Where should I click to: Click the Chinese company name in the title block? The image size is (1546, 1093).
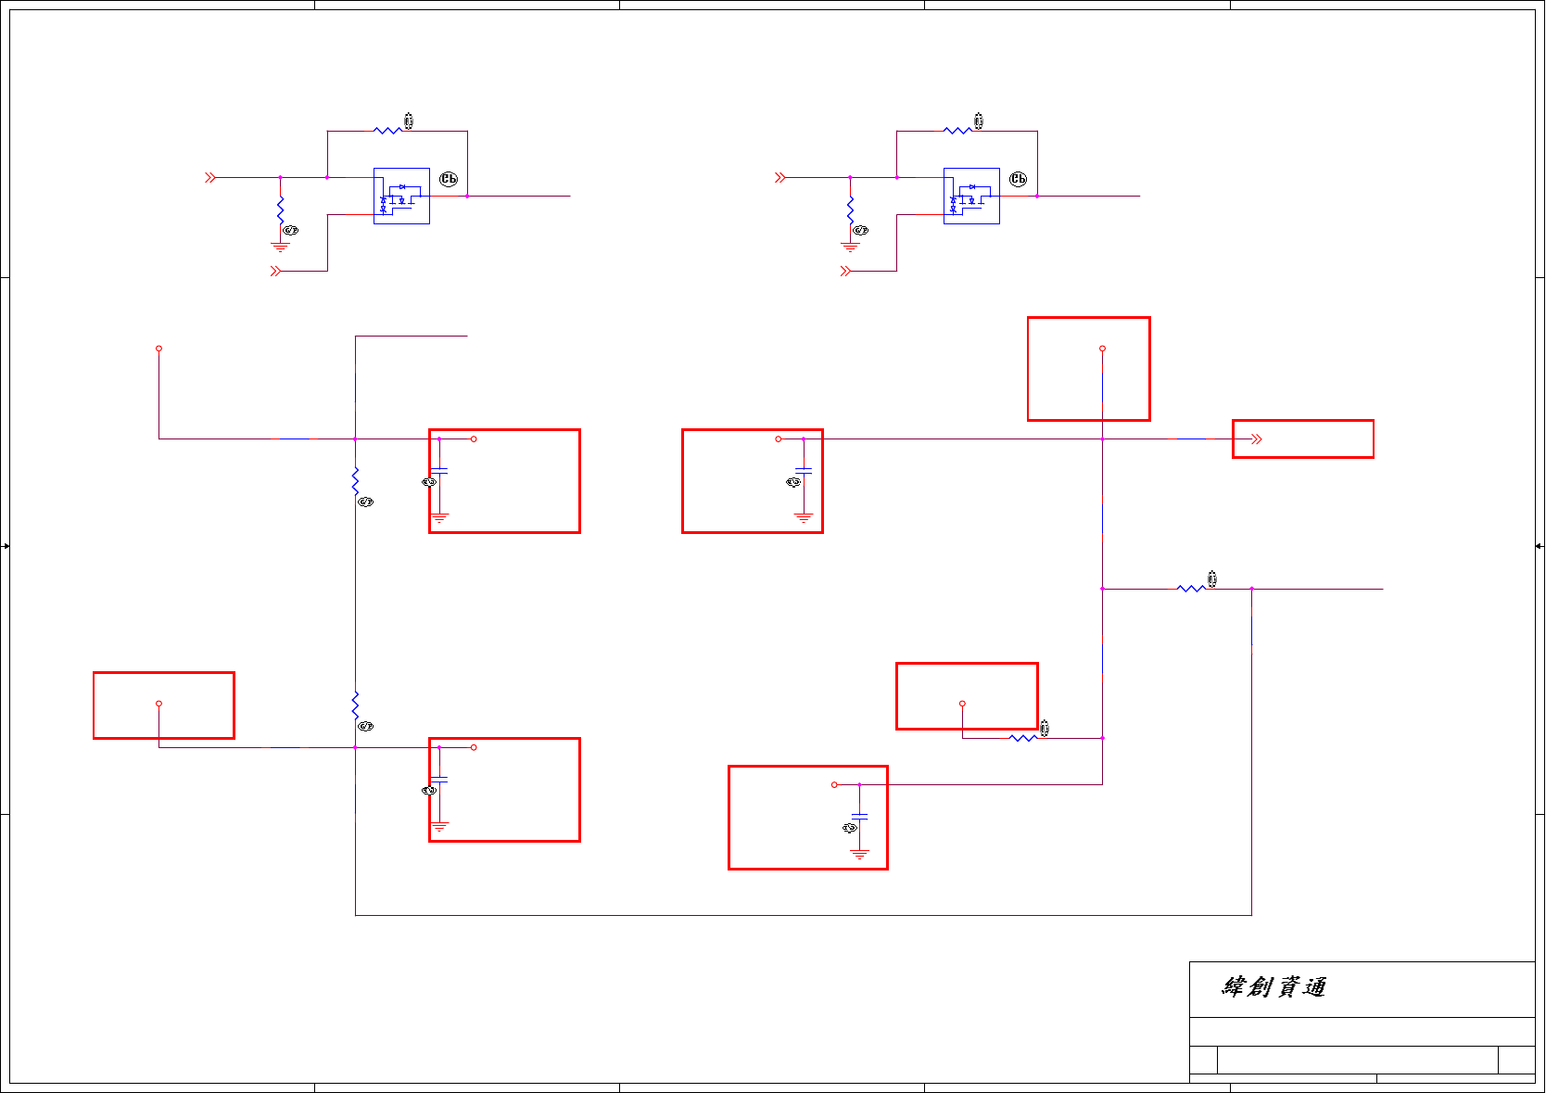coord(1274,987)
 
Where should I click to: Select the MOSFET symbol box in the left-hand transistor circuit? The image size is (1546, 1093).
coord(401,196)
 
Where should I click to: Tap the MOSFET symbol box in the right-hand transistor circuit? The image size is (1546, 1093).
coord(971,196)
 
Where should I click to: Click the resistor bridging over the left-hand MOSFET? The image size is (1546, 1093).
coord(387,131)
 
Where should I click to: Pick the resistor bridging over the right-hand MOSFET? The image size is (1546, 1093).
coord(957,131)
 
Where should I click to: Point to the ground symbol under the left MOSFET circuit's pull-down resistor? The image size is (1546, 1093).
coord(280,248)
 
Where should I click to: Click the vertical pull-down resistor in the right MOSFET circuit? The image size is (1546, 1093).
coord(850,210)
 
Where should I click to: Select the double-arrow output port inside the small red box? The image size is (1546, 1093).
coord(1256,439)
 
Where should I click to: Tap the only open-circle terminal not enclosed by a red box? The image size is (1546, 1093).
coord(158,349)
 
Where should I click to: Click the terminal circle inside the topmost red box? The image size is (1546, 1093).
coord(1102,349)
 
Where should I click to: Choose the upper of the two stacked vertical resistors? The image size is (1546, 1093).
coord(355,480)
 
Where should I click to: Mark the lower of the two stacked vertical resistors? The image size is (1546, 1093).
coord(355,705)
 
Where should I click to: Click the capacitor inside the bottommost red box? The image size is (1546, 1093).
coord(859,816)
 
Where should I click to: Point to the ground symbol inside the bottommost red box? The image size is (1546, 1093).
coord(859,854)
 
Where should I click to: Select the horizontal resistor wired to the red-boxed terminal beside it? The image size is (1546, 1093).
coord(1023,738)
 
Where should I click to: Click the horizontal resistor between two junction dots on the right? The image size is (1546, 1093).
coord(1191,589)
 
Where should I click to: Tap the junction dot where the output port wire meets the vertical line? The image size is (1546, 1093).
coord(1102,439)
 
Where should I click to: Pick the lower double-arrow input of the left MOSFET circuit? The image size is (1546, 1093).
coord(275,271)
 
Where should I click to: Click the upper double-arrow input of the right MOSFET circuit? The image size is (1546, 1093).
coord(780,177)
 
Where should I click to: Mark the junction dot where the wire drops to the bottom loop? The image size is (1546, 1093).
coord(1251,589)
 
